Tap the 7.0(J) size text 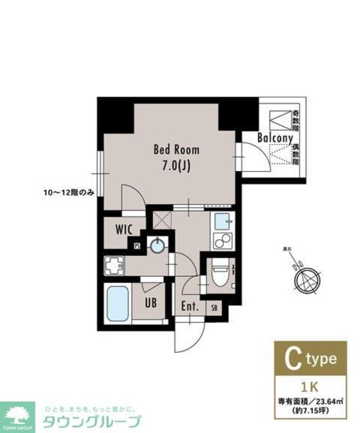click(176, 167)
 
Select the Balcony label click(275, 138)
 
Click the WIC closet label click(124, 229)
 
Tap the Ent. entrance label click(190, 306)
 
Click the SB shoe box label click(214, 307)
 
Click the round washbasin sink click(158, 245)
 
